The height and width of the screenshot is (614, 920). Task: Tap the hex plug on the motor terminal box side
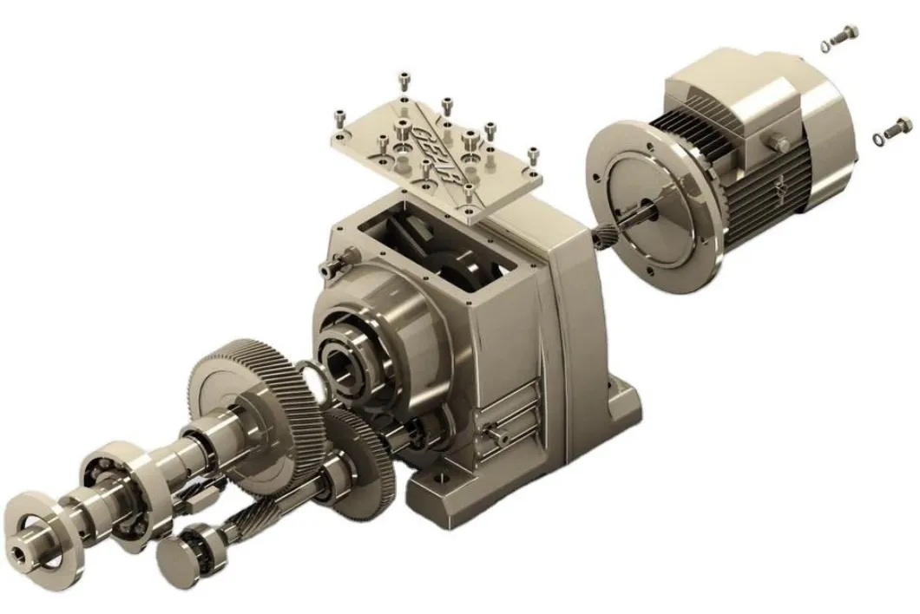pos(777,143)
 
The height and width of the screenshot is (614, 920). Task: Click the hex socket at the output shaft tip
pos(19,549)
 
